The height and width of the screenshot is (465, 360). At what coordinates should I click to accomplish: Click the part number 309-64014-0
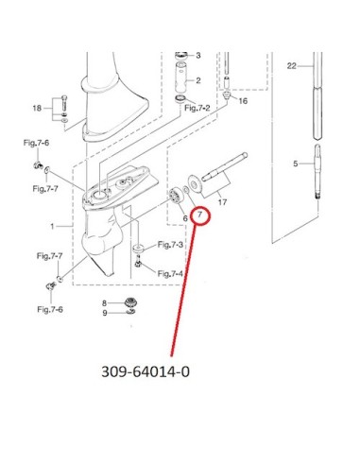coord(146,371)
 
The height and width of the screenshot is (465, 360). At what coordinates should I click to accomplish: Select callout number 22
coord(292,66)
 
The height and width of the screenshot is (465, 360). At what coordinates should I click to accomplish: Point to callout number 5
coord(295,164)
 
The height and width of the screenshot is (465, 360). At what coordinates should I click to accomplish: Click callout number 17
coord(222,202)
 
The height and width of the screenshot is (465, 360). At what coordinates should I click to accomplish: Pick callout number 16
coord(243,101)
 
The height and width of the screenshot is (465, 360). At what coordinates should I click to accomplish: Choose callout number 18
coord(37,108)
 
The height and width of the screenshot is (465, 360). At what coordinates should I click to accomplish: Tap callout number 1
coord(52,226)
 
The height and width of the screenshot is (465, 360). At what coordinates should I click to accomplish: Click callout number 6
coord(185,218)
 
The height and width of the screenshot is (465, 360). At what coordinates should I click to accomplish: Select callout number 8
coord(105,303)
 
